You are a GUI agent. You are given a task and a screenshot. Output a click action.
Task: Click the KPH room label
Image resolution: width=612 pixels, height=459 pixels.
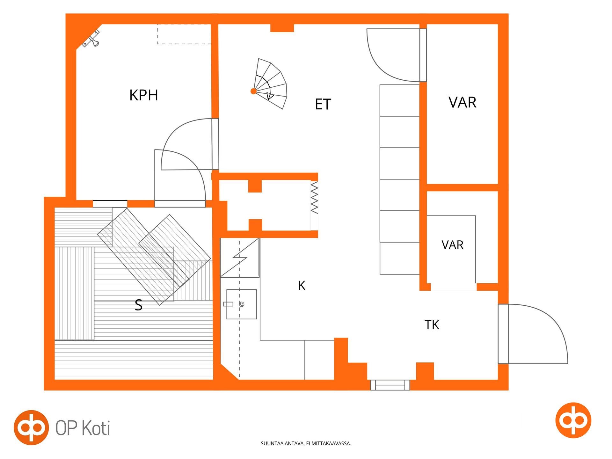[x=143, y=95]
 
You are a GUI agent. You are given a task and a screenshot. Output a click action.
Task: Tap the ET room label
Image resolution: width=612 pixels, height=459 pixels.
[x=323, y=104]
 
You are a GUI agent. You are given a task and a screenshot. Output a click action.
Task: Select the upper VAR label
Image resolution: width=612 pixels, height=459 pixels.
[x=462, y=102]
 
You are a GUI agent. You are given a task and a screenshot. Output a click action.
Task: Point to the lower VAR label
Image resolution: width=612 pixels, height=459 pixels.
[x=452, y=245]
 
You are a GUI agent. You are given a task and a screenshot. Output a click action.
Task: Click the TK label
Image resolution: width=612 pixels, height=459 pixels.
[x=432, y=325]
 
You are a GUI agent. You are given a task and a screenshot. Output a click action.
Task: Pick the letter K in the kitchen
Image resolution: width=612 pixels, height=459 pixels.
[x=302, y=286]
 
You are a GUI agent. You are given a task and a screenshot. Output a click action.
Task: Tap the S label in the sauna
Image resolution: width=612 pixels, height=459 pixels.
[x=138, y=305]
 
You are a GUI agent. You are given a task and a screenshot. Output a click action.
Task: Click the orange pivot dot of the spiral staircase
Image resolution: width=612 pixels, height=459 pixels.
[x=253, y=91]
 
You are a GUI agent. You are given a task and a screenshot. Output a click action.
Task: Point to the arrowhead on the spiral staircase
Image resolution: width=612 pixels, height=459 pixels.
[x=270, y=96]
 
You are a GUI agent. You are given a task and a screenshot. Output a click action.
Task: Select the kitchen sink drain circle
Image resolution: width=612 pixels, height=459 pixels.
[x=242, y=304]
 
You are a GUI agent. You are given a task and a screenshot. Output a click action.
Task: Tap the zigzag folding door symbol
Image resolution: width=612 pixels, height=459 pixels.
[x=314, y=197]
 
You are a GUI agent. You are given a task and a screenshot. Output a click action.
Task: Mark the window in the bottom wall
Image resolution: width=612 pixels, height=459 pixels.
[x=390, y=385]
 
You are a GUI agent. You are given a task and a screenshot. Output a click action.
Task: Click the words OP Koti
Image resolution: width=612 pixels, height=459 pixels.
[x=83, y=428]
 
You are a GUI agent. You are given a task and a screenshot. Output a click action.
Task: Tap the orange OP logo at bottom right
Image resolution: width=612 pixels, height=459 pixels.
[x=573, y=420]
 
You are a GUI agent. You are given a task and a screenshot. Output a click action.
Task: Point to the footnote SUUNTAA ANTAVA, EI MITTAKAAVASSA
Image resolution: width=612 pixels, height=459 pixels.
[x=306, y=443]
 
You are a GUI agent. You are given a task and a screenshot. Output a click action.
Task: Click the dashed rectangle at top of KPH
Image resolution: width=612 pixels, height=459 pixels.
[x=184, y=34]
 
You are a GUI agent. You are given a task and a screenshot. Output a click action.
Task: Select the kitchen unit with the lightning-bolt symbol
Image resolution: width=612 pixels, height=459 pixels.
[x=240, y=258]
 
